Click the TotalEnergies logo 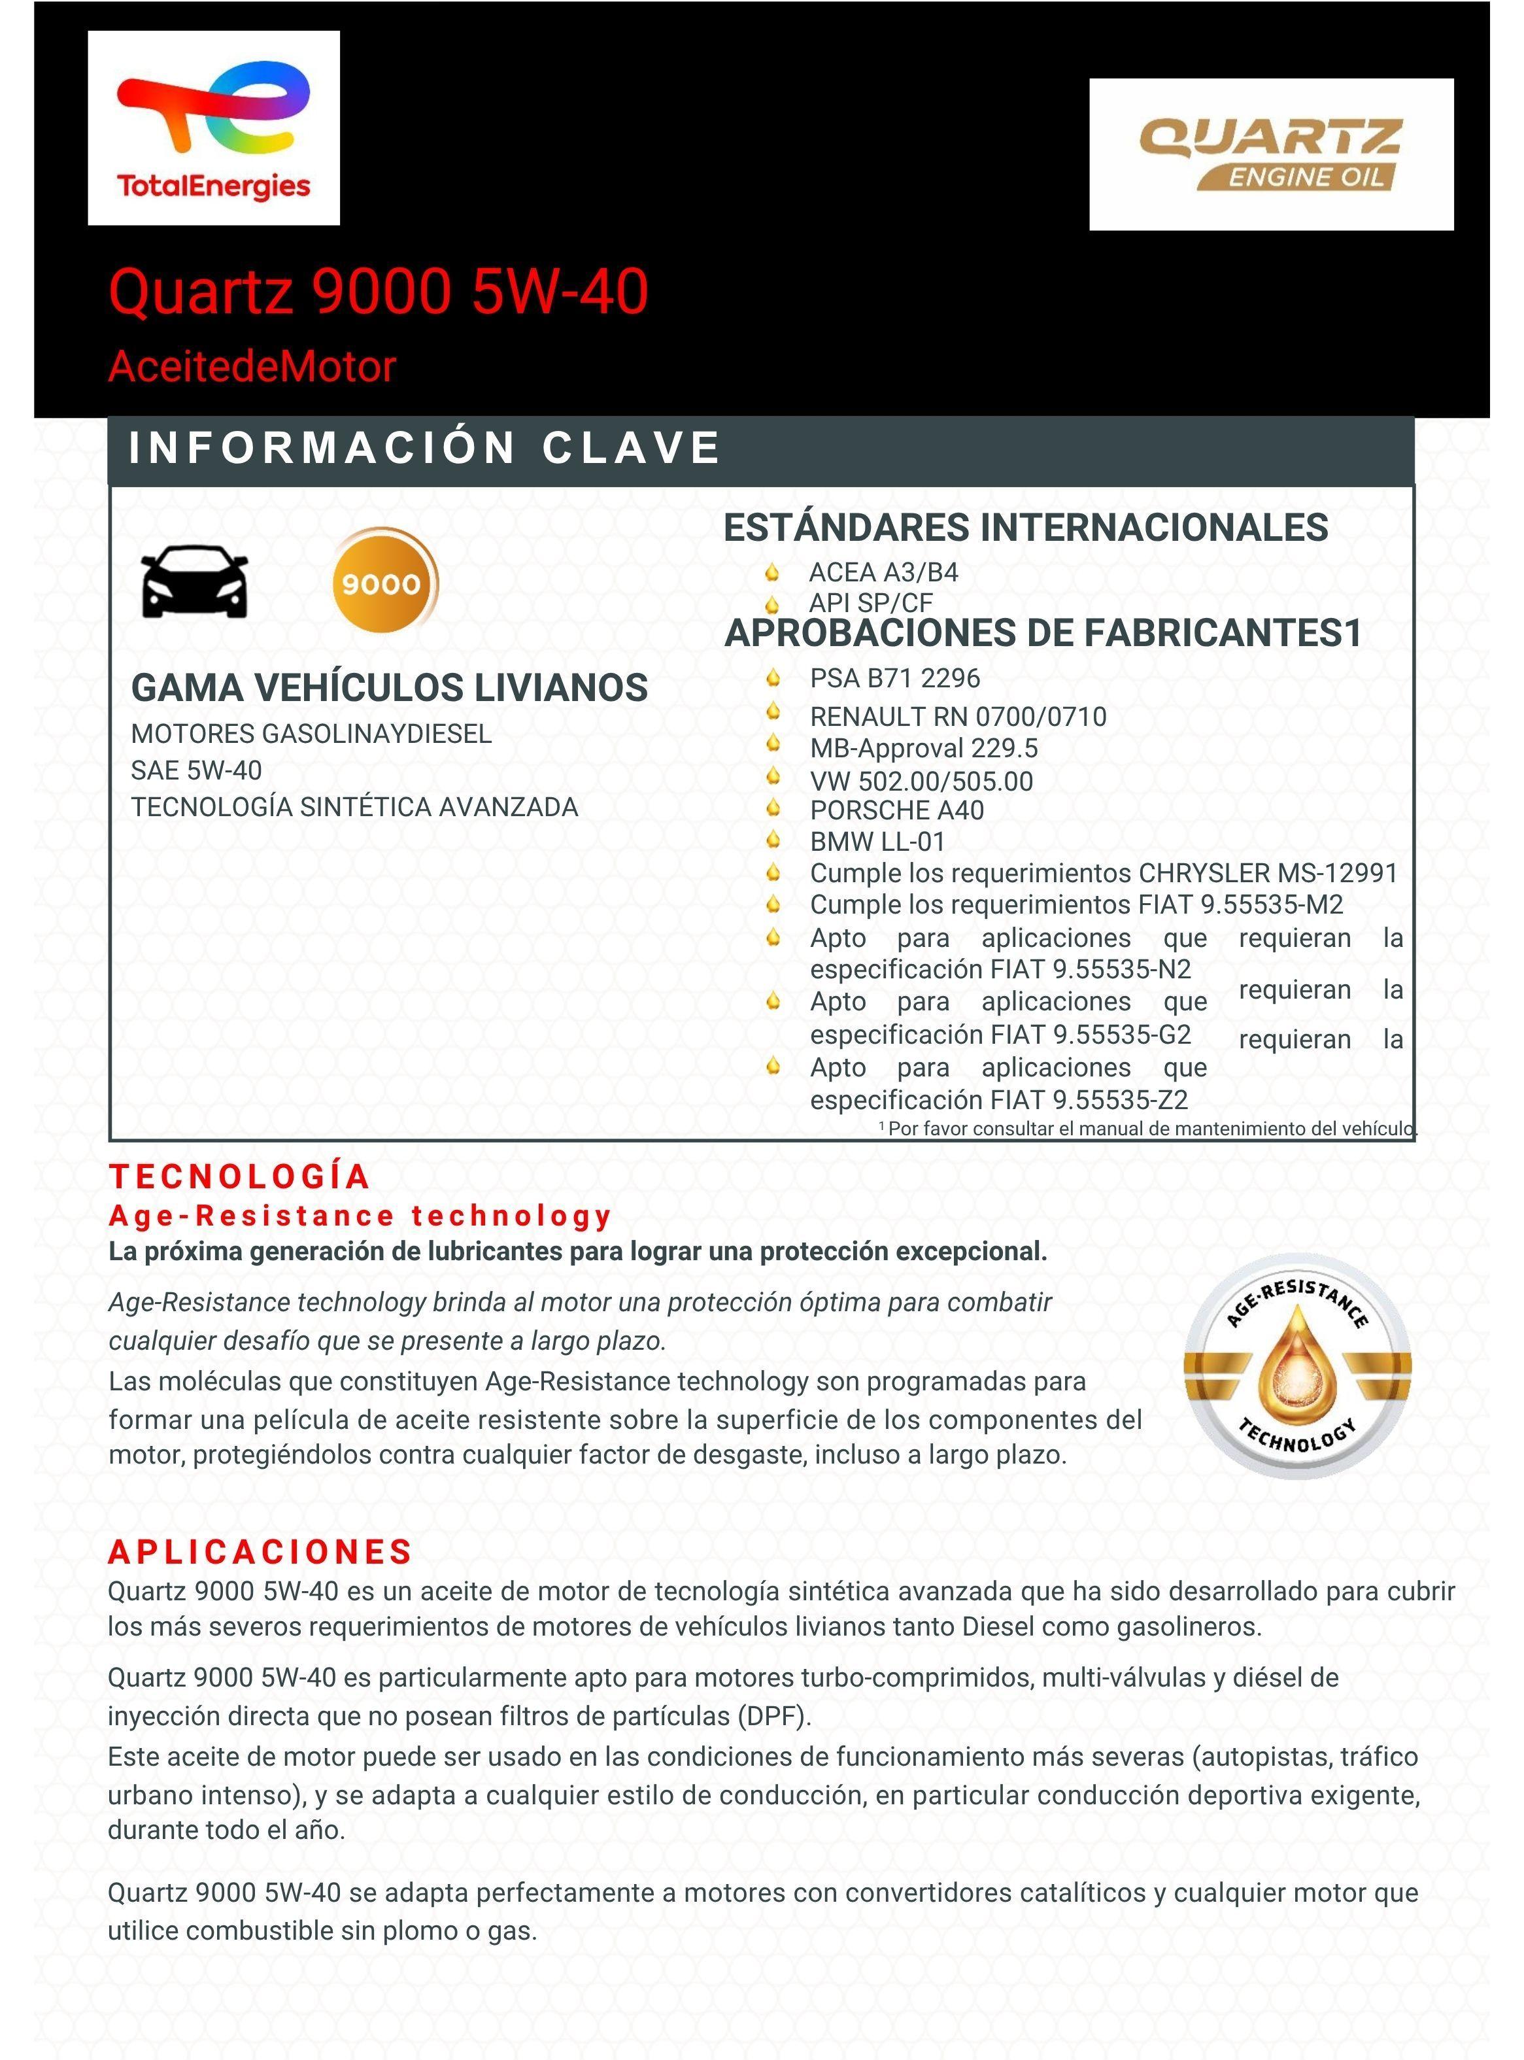click(x=213, y=128)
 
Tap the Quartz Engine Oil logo click(x=1270, y=154)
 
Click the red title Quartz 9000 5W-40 click(x=379, y=292)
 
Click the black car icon click(x=195, y=582)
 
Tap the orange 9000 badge click(x=383, y=582)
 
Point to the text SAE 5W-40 click(x=197, y=770)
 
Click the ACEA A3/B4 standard click(x=883, y=573)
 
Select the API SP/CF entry click(x=870, y=604)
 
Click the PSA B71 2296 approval click(x=894, y=679)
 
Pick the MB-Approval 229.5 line click(x=923, y=748)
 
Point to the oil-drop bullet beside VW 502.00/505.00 click(x=773, y=777)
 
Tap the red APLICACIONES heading click(x=260, y=1553)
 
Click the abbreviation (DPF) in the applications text click(x=773, y=1716)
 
